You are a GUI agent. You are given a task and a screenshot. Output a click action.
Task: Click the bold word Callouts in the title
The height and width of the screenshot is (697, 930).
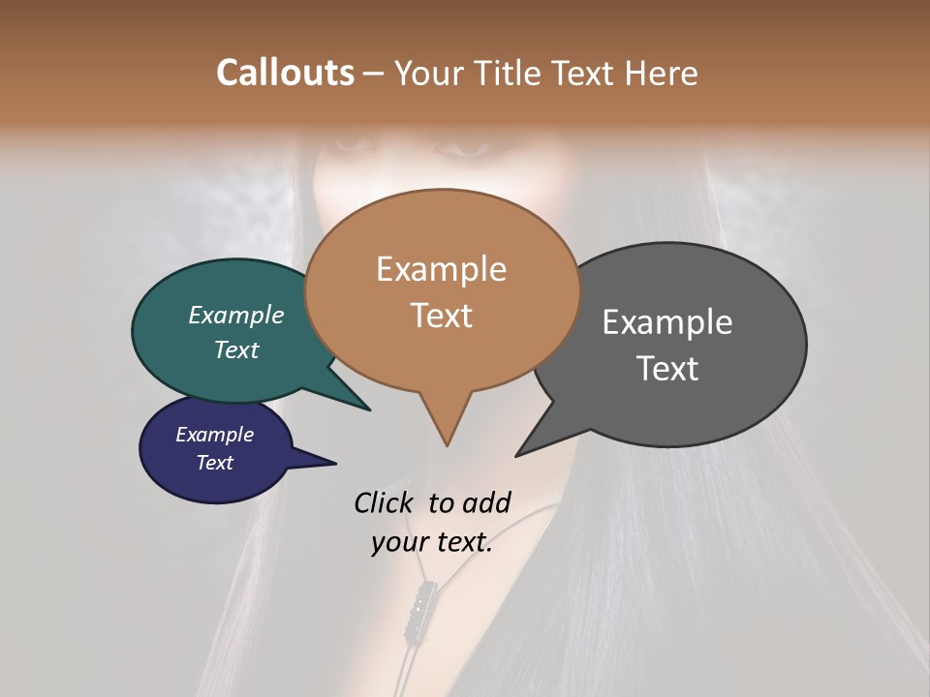coord(285,73)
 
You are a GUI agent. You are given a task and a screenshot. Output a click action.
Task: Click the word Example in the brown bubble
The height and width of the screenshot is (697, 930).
coord(441,269)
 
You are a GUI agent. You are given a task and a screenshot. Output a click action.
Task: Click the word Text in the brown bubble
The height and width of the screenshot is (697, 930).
coord(441,316)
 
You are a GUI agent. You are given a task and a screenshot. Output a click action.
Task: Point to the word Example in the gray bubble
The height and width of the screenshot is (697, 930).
coord(666,322)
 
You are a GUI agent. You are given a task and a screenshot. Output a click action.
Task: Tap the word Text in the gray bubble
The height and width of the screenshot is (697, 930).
coord(666,369)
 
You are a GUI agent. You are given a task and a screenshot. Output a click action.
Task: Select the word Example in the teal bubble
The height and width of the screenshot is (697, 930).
coord(236,316)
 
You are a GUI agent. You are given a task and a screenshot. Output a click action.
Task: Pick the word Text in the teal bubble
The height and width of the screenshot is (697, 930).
coord(236,349)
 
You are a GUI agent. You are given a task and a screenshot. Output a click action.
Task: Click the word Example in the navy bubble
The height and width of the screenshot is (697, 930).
coord(215,435)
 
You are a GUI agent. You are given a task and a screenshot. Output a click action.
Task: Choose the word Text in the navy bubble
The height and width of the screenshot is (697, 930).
coord(215,463)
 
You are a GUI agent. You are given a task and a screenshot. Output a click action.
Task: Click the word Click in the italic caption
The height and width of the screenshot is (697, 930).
coord(384,502)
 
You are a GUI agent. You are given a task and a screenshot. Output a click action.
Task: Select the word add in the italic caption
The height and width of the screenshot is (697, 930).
coord(486,502)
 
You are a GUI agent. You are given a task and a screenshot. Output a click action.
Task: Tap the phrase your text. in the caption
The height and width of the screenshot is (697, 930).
coord(432,542)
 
